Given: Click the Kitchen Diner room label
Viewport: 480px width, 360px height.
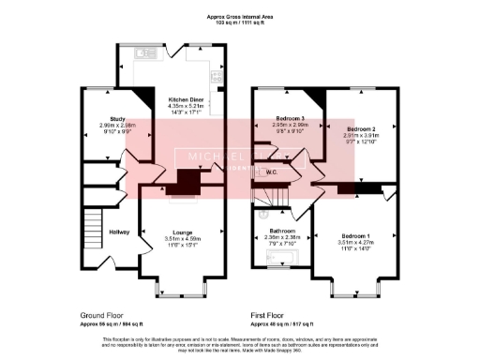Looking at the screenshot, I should (184, 98).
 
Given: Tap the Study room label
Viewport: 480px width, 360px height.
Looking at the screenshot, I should (104, 118).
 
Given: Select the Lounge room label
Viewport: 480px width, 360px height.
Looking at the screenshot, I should (183, 232).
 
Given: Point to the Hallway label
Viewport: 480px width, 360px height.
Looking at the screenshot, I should (119, 232).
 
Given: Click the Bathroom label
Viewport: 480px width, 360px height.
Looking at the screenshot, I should (282, 230).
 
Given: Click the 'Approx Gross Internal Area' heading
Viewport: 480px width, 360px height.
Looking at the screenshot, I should (239, 17).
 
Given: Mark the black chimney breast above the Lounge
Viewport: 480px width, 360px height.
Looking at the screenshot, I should (187, 180).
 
